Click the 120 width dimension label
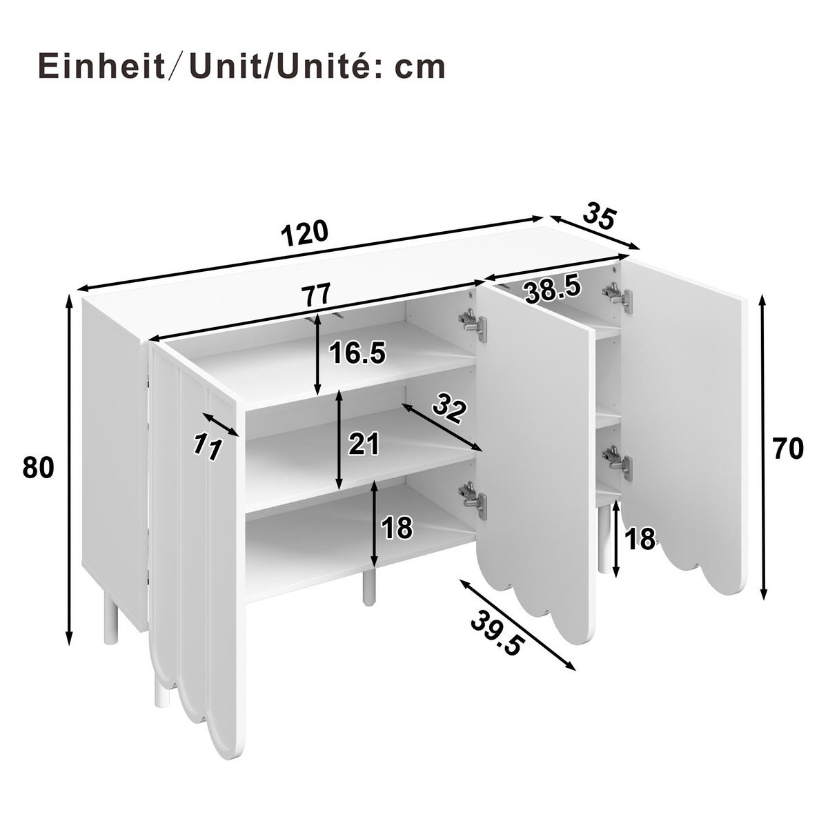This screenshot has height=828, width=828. pyautogui.click(x=304, y=233)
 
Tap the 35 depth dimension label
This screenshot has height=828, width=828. pyautogui.click(x=598, y=215)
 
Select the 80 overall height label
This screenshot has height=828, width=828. pyautogui.click(x=38, y=468)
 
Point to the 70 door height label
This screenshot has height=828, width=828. pyautogui.click(x=787, y=449)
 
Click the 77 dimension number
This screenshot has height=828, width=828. pyautogui.click(x=317, y=295)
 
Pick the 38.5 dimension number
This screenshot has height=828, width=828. pyautogui.click(x=553, y=290)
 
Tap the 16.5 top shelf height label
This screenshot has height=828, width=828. pyautogui.click(x=356, y=353)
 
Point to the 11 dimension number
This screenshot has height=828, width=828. pyautogui.click(x=206, y=448)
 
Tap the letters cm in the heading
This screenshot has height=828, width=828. pyautogui.click(x=420, y=67)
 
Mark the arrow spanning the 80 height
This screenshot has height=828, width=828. pyautogui.click(x=69, y=469)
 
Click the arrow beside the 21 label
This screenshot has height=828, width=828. pyautogui.click(x=339, y=440)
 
